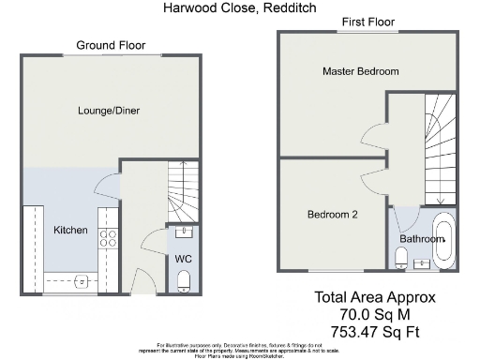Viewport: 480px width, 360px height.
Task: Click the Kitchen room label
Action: (x=70, y=231)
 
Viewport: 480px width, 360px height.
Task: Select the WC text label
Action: (x=183, y=258)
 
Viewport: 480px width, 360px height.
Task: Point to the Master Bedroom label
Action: (x=360, y=71)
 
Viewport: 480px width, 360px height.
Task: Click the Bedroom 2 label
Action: (x=333, y=215)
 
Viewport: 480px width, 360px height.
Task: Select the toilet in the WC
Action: (x=183, y=280)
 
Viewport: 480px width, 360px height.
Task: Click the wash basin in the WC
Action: (x=183, y=232)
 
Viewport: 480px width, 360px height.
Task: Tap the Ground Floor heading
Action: (x=110, y=44)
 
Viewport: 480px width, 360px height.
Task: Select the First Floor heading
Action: (x=367, y=21)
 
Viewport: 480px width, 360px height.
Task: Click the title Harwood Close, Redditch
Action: (x=239, y=7)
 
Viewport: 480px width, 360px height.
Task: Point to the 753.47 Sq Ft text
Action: (x=374, y=331)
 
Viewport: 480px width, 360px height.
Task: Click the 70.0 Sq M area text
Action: (x=374, y=314)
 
